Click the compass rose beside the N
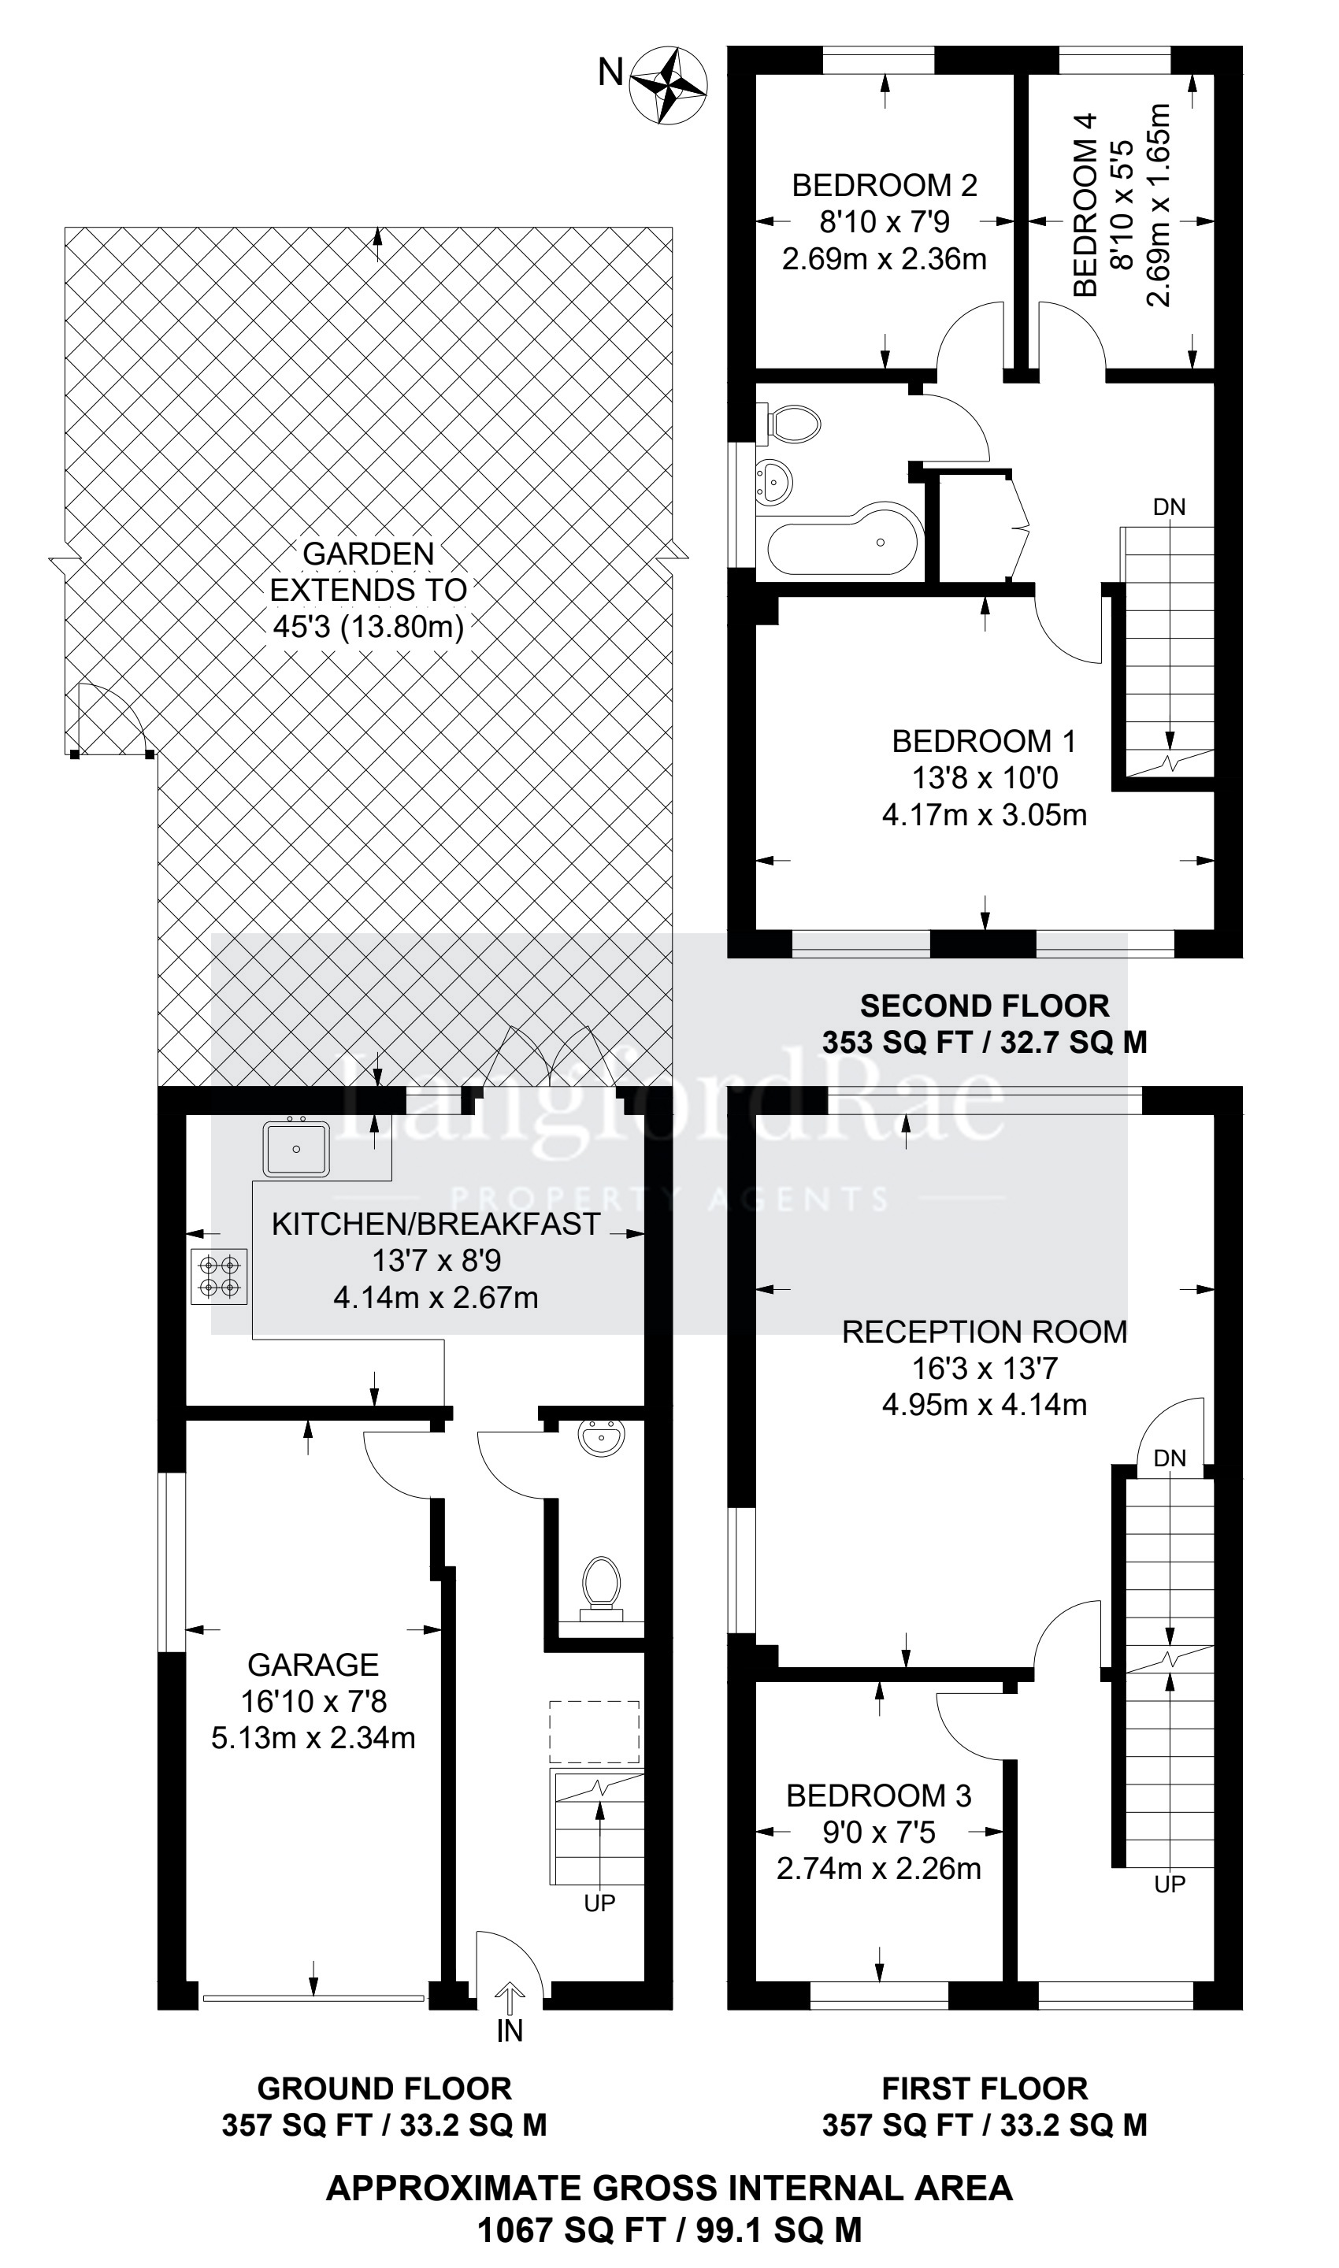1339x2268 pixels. click(x=669, y=86)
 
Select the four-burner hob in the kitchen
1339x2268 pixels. click(x=219, y=1277)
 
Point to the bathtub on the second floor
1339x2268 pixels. click(x=843, y=543)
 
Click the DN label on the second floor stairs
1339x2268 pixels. click(x=1170, y=507)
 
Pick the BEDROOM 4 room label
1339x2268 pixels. click(x=1085, y=204)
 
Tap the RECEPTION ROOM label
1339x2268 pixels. click(x=985, y=1332)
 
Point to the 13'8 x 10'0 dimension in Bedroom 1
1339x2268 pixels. click(x=985, y=777)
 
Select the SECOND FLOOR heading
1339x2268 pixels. click(x=985, y=1005)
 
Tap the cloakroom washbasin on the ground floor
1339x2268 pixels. click(x=600, y=1438)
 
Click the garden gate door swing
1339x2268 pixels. click(x=110, y=719)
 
